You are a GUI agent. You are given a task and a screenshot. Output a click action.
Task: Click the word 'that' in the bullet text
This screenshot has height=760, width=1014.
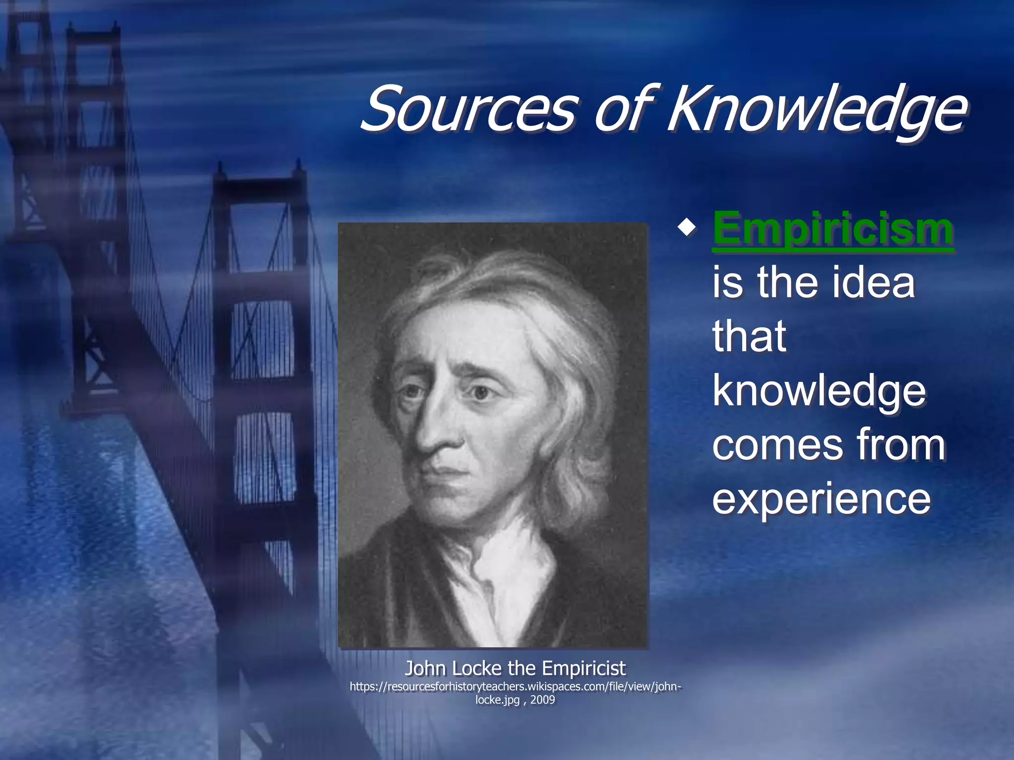[x=749, y=336]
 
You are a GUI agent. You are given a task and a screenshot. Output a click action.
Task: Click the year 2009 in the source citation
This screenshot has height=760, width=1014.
[x=543, y=700]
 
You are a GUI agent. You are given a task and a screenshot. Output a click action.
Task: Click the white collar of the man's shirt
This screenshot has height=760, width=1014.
[x=500, y=569]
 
